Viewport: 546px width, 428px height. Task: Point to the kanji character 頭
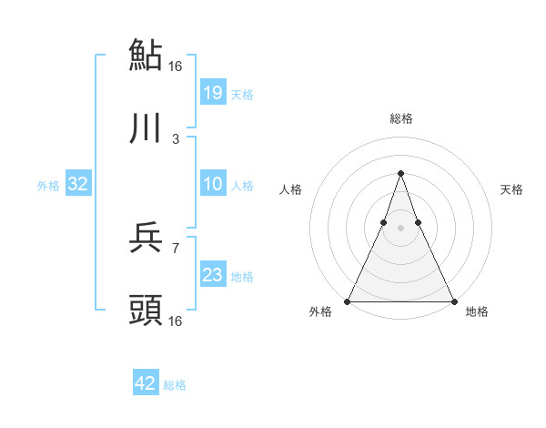point(146,310)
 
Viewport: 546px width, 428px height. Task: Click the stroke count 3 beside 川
point(176,139)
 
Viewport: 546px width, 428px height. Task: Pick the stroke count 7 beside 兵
point(176,248)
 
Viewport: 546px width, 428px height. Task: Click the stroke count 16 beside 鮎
point(176,66)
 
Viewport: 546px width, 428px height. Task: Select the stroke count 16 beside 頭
point(176,321)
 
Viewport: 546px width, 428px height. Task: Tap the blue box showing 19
point(212,92)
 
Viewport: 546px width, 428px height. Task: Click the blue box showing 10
point(212,184)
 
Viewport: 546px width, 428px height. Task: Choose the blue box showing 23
point(212,275)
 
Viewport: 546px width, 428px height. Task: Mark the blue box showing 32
point(78,184)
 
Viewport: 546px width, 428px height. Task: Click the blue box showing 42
point(146,383)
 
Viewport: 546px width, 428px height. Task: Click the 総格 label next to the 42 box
point(175,385)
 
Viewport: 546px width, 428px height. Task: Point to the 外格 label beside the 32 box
point(48,186)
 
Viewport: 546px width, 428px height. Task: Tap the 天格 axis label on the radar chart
point(512,189)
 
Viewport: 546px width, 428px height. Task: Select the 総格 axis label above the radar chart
point(400,118)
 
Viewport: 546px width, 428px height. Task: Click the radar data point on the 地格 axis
point(453,301)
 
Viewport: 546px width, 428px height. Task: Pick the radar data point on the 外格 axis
point(348,301)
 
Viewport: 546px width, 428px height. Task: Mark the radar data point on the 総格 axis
point(400,173)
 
